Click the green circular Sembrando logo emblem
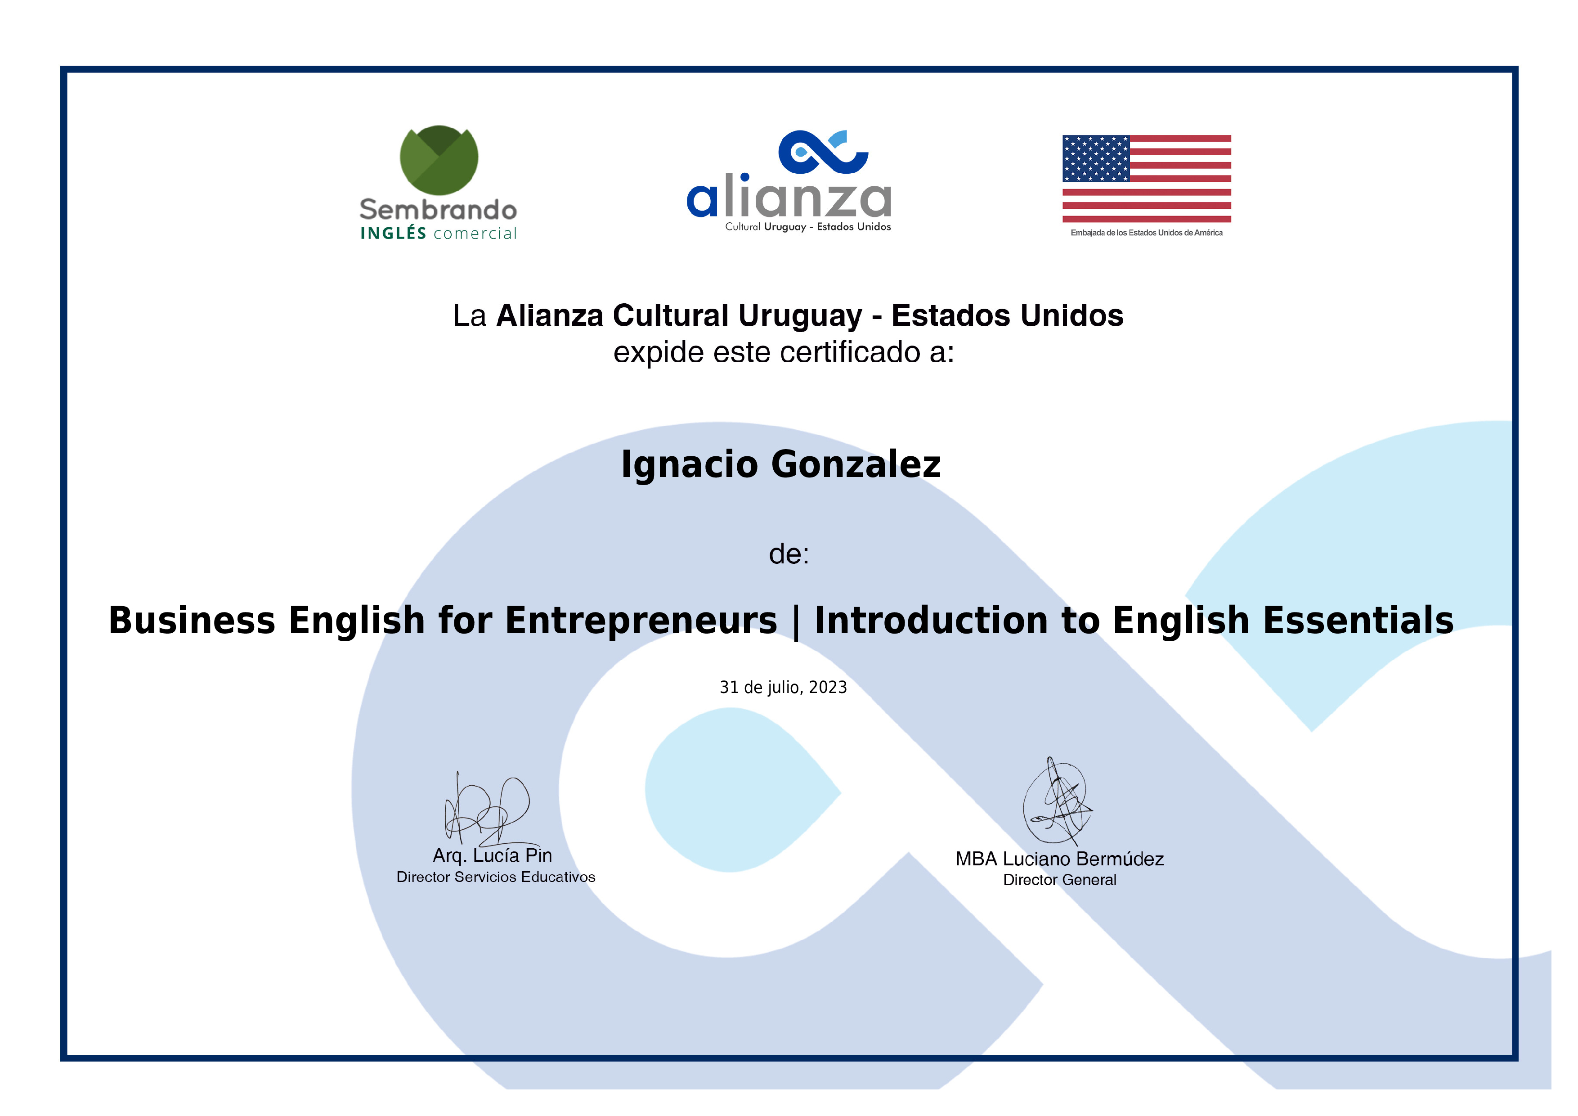pyautogui.click(x=439, y=160)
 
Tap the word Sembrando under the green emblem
pyautogui.click(x=439, y=210)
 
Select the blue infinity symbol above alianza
pyautogui.click(x=823, y=152)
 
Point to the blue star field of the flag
pyautogui.click(x=1095, y=158)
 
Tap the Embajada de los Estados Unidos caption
pyautogui.click(x=1146, y=233)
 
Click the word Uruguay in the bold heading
pyautogui.click(x=800, y=316)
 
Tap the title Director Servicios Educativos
pyautogui.click(x=496, y=877)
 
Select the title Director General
pyautogui.click(x=1060, y=880)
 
